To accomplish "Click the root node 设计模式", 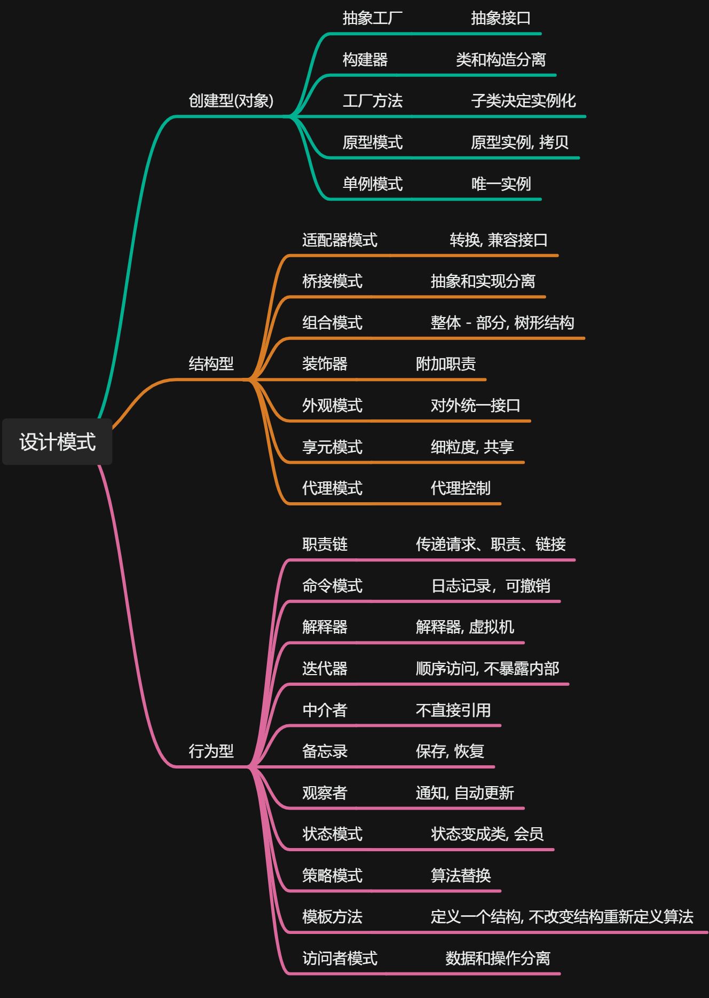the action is pos(57,442).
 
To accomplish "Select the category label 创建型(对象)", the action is pos(231,100).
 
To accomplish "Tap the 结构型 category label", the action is pos(211,364).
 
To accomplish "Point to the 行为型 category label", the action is pos(211,751).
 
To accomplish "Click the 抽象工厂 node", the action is pos(372,18).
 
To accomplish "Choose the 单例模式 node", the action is pos(372,184).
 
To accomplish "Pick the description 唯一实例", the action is pos(501,184).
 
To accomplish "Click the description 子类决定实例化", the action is pos(523,101).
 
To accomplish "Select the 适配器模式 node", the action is pos(340,240).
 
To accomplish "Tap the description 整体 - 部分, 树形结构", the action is pos(502,323).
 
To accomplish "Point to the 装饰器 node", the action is pos(325,364).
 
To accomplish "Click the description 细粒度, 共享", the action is pos(472,447).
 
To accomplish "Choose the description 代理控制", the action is pos(460,488).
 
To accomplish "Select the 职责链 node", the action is pos(325,544).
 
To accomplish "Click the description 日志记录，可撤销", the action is pos(491,586).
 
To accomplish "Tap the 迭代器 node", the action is pos(325,669).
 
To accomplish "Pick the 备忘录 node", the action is pos(325,751).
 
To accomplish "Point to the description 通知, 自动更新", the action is pos(464,793).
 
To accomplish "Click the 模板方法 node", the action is pos(332,917).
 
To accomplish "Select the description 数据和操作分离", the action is pos(498,959).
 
